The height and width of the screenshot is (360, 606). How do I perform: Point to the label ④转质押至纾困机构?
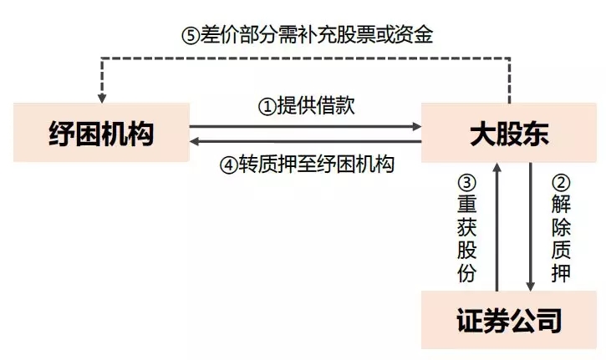[x=307, y=164]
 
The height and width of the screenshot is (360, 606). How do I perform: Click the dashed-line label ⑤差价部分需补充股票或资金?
[x=307, y=35]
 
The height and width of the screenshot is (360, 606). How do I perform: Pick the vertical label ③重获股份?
[x=466, y=226]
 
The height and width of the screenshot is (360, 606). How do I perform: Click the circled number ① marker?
[x=265, y=107]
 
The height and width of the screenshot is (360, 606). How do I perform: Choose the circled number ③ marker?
[x=466, y=180]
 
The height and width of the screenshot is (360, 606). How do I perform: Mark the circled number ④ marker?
[x=229, y=165]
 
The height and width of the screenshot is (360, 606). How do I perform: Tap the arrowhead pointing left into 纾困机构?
[x=195, y=142]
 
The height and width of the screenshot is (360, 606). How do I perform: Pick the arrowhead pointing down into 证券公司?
[x=530, y=285]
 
